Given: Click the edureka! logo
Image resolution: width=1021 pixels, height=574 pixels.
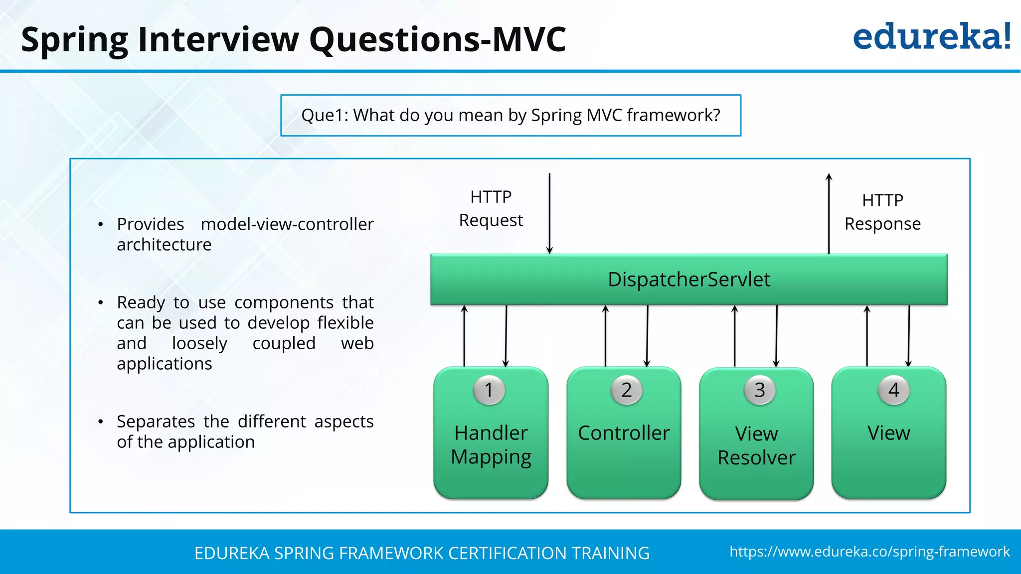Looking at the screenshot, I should (x=931, y=37).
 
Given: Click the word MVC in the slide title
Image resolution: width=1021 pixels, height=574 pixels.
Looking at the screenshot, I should (x=529, y=39).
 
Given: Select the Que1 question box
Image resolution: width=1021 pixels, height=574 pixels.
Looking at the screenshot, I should (x=510, y=115).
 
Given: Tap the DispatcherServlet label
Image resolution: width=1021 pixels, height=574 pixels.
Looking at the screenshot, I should (x=688, y=280).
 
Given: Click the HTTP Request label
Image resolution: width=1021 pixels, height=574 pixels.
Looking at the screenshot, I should (x=491, y=208).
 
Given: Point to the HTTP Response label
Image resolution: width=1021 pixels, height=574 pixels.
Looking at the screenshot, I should (x=882, y=212).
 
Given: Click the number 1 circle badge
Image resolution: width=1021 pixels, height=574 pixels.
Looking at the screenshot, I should (x=489, y=390).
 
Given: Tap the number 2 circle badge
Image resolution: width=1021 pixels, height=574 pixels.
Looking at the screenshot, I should (x=626, y=390).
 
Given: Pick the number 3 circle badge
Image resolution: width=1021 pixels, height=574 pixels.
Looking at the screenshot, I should (x=759, y=390).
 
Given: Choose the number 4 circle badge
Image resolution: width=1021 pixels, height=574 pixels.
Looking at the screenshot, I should (x=893, y=390).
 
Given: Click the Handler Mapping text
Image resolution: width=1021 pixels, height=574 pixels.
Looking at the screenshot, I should (x=491, y=444).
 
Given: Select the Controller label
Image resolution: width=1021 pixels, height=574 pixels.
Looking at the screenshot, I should (x=623, y=433).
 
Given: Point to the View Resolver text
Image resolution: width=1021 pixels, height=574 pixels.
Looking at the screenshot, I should (x=756, y=445).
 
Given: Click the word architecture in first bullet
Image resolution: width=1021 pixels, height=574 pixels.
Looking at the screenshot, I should (x=164, y=245).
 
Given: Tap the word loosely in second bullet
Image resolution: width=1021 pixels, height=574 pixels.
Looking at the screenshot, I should (x=199, y=343).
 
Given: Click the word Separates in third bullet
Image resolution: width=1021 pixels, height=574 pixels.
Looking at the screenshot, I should (x=156, y=422).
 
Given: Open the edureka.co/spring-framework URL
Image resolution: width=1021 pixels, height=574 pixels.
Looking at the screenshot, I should (x=869, y=552).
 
